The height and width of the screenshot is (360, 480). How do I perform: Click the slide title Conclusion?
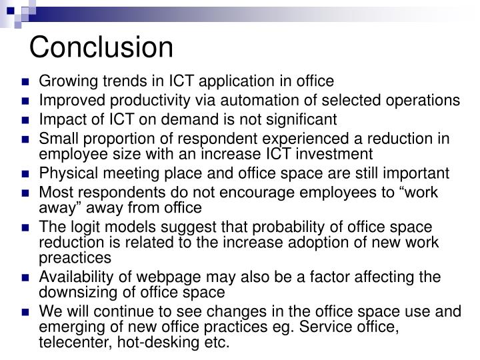coord(101,47)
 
